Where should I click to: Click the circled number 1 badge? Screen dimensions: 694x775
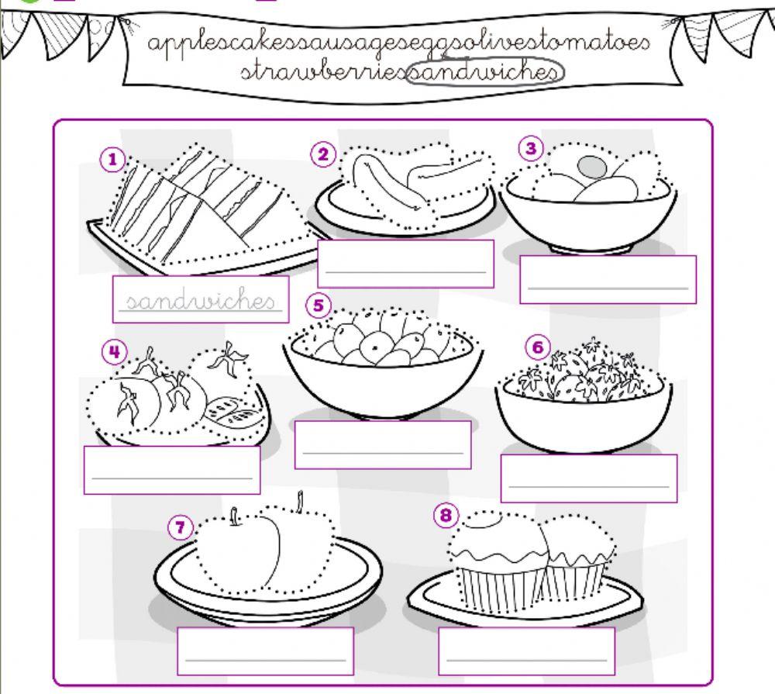click(x=113, y=160)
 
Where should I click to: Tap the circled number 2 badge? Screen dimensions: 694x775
click(x=323, y=154)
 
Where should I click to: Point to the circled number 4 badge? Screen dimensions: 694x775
click(x=114, y=352)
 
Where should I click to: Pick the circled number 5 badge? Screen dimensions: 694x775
click(x=318, y=306)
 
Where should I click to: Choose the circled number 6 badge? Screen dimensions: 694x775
click(x=538, y=347)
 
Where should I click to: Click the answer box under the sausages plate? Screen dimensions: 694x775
click(x=405, y=263)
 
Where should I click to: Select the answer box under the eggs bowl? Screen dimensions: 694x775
click(x=608, y=279)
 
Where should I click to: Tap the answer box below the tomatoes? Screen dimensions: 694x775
click(x=172, y=469)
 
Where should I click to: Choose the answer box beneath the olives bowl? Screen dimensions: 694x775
click(x=383, y=444)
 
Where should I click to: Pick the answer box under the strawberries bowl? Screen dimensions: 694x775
click(x=589, y=478)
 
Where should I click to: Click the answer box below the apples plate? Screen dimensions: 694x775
click(x=266, y=651)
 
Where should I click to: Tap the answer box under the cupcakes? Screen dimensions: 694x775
click(x=526, y=651)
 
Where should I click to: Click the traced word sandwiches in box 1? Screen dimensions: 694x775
click(x=200, y=301)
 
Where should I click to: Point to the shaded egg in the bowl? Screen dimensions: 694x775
click(x=593, y=166)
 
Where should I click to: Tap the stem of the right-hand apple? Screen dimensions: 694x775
click(x=299, y=500)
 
